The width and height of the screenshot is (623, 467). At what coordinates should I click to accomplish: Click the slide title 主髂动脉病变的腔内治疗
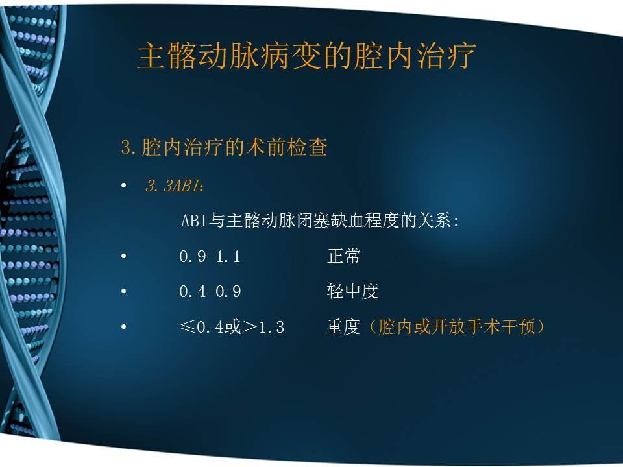(x=306, y=56)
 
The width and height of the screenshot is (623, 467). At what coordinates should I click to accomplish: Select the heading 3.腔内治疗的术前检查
(x=224, y=148)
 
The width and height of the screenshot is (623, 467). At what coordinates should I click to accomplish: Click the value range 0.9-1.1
(x=210, y=257)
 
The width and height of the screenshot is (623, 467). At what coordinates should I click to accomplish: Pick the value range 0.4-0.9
(x=210, y=292)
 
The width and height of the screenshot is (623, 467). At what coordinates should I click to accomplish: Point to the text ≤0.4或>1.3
(x=232, y=328)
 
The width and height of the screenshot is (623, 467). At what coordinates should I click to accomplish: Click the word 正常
(x=343, y=256)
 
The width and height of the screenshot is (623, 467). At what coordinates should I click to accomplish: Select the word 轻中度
(x=352, y=292)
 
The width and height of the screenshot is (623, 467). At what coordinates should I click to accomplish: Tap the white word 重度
(x=343, y=327)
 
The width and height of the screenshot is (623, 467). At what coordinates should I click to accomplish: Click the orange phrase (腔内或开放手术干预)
(x=454, y=327)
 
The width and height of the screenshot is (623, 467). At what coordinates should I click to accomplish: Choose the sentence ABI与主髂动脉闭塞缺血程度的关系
(x=319, y=221)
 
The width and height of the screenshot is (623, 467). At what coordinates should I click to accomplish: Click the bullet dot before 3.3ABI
(x=124, y=187)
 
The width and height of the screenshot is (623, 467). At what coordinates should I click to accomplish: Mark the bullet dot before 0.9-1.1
(x=124, y=257)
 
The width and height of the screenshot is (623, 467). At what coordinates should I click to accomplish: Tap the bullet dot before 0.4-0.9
(x=124, y=292)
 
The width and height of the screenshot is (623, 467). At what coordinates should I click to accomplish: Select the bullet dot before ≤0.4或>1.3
(x=124, y=328)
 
